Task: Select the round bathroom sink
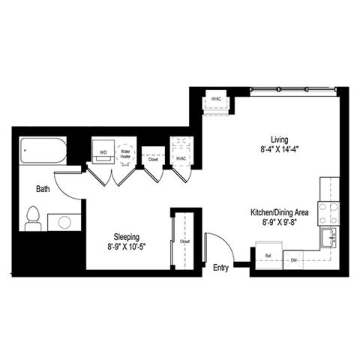tap(64, 223)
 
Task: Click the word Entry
tap(220, 268)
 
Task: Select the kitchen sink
tap(329, 238)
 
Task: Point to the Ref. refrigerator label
tap(268, 256)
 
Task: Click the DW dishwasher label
tap(294, 260)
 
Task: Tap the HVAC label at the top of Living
tap(216, 99)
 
